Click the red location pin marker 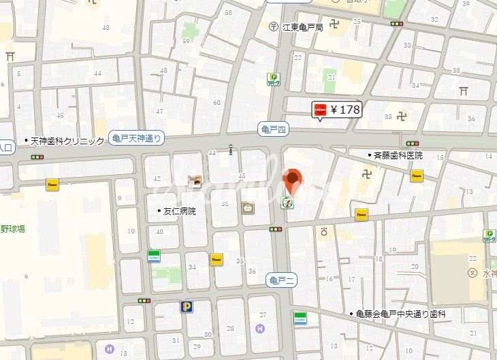(293, 180)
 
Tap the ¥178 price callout (336, 109)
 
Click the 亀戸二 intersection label (280, 278)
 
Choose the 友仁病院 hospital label (179, 211)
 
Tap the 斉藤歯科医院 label (398, 155)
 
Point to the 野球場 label (13, 229)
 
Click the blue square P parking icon (186, 306)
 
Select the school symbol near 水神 (472, 273)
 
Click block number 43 (106, 27)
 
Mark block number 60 (217, 103)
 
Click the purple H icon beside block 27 (259, 329)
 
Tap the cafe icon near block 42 (195, 181)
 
